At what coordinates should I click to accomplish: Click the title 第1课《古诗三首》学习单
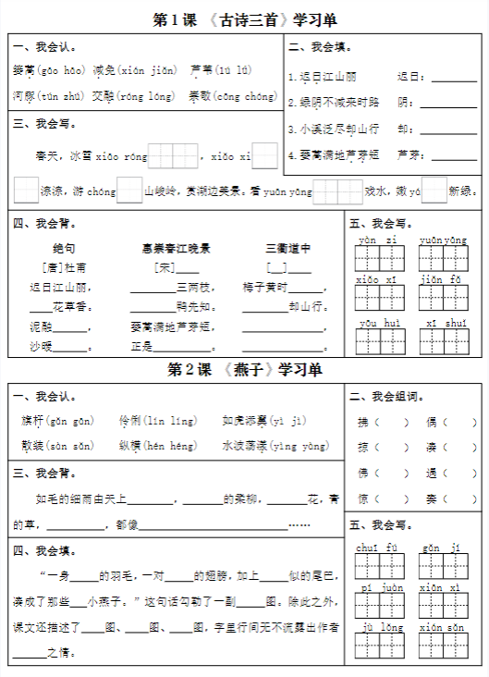245,18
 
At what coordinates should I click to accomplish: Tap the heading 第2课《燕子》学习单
245,370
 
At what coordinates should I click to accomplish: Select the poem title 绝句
63,248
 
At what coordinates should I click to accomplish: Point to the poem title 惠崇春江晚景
176,248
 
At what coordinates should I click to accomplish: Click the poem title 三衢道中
287,248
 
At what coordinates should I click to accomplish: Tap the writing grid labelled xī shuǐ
444,341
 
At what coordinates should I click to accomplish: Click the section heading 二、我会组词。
387,397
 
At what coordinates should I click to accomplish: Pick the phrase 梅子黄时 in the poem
267,287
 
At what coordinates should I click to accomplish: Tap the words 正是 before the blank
141,347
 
